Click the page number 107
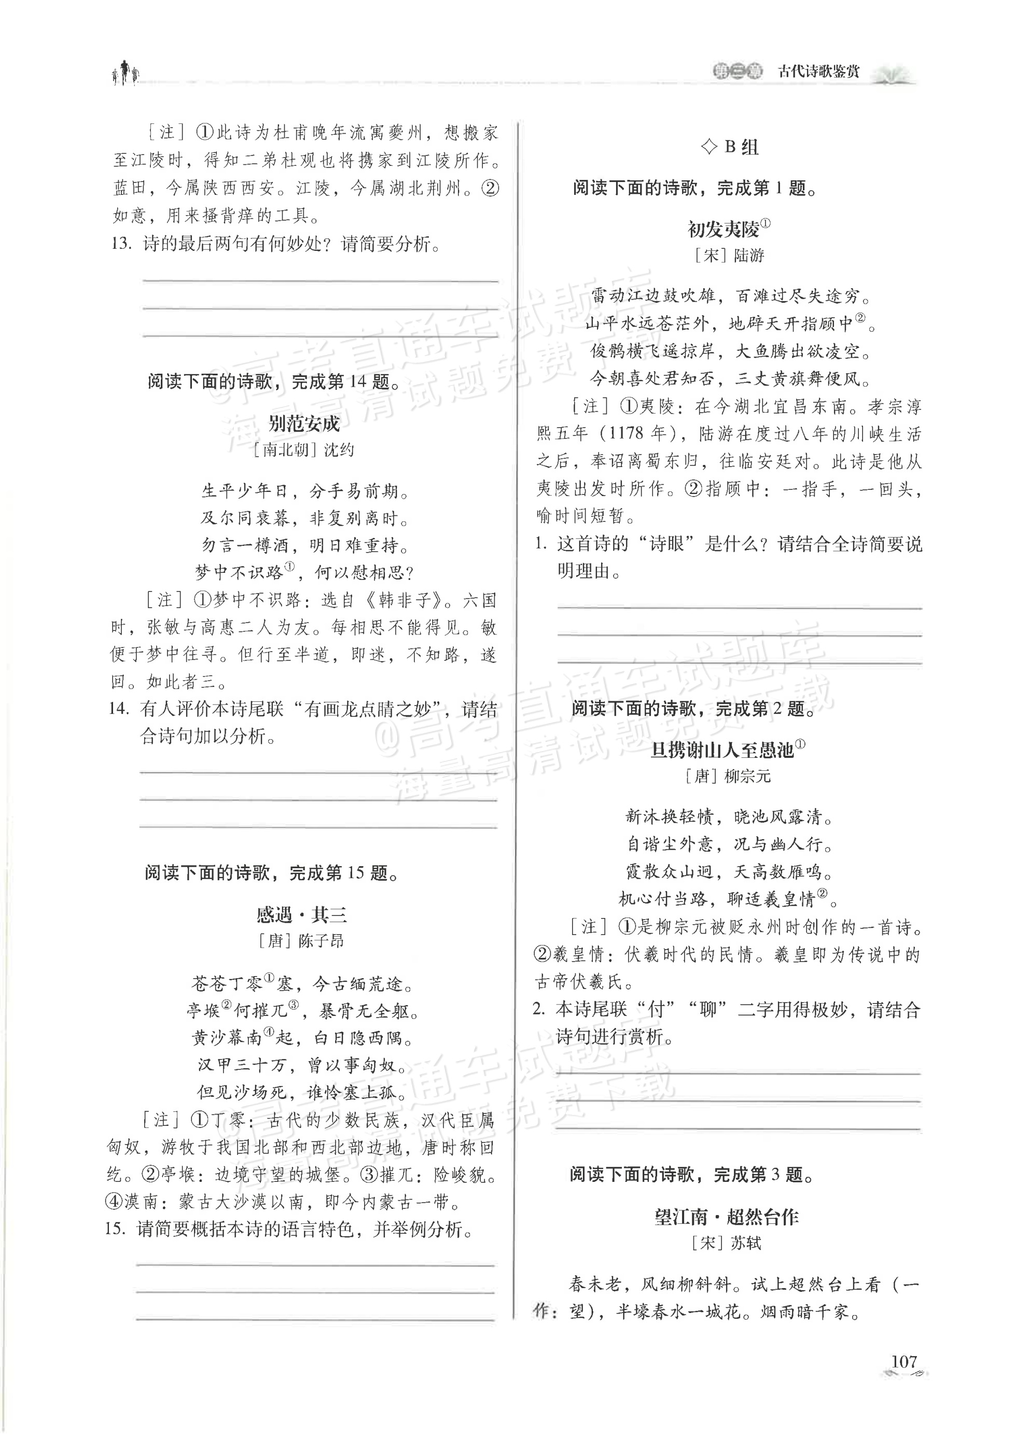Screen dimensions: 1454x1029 [x=903, y=1361]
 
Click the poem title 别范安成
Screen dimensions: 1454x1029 [x=303, y=423]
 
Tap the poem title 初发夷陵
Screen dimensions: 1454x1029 [x=724, y=229]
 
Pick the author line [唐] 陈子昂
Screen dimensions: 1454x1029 [x=302, y=941]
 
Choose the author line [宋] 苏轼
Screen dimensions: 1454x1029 [x=727, y=1243]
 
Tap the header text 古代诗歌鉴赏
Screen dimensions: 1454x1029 [x=818, y=72]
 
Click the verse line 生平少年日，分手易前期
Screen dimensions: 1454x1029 [x=304, y=491]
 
